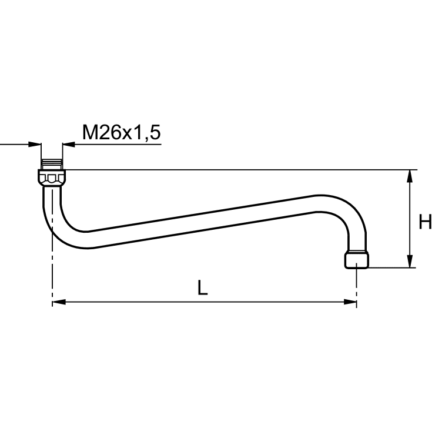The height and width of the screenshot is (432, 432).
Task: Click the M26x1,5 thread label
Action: (x=121, y=133)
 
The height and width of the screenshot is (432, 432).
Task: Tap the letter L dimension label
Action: (x=203, y=288)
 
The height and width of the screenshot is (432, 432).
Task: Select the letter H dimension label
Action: (x=425, y=222)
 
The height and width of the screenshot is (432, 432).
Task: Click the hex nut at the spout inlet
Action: (x=52, y=178)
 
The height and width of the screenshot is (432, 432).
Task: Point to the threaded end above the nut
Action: (x=52, y=165)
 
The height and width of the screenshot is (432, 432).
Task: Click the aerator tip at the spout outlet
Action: (x=357, y=260)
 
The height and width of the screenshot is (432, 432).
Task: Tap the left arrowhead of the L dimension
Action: (x=59, y=302)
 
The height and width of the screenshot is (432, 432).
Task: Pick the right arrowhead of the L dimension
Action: (x=350, y=302)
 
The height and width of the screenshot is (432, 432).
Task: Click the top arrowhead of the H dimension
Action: (x=410, y=176)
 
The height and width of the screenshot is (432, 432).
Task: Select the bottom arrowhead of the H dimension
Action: (x=410, y=261)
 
